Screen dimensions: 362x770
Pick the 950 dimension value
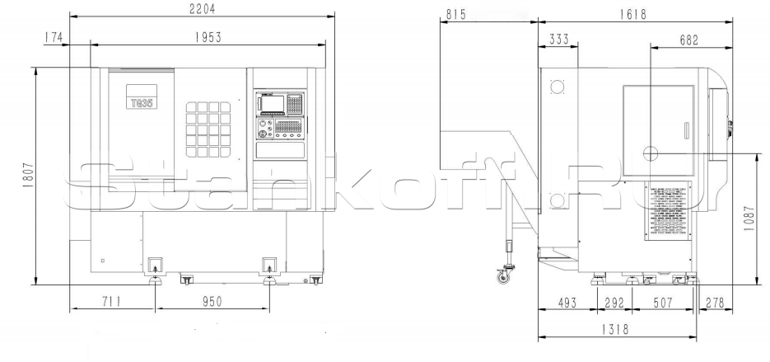[x=211, y=303]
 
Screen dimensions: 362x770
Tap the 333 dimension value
[x=560, y=39]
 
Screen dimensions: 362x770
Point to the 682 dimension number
[x=692, y=39]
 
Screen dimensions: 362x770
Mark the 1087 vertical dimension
[x=749, y=220]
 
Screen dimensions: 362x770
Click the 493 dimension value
[x=568, y=303]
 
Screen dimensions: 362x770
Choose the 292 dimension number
[x=614, y=303]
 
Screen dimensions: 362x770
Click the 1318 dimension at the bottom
[x=618, y=329]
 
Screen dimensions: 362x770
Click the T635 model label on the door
[x=142, y=104]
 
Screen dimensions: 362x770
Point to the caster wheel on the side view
[x=501, y=277]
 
